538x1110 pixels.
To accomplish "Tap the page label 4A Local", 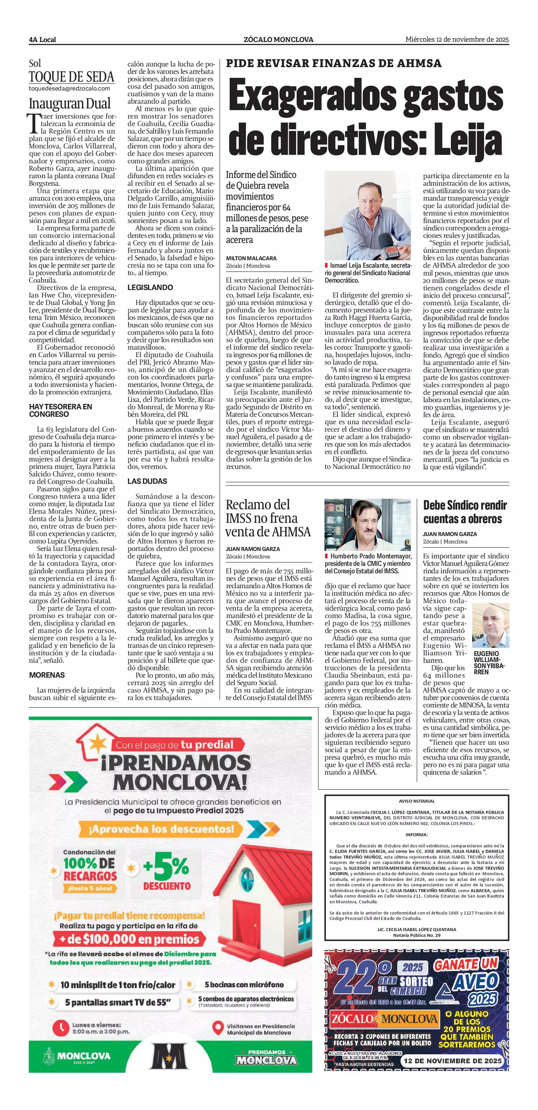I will [42, 40].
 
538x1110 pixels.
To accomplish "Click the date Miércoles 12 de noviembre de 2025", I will [457, 39].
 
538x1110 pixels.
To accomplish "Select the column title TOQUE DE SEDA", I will [72, 77].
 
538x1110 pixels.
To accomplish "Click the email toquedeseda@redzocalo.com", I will [69, 89].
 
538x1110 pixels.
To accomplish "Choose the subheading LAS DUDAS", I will [147, 481].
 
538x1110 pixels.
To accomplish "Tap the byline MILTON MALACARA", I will [251, 258].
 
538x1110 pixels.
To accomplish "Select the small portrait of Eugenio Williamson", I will [491, 625].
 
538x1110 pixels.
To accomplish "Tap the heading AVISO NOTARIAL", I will [416, 801].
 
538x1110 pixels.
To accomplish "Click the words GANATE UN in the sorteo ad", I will [465, 964].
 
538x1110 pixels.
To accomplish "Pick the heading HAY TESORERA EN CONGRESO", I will [60, 410].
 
